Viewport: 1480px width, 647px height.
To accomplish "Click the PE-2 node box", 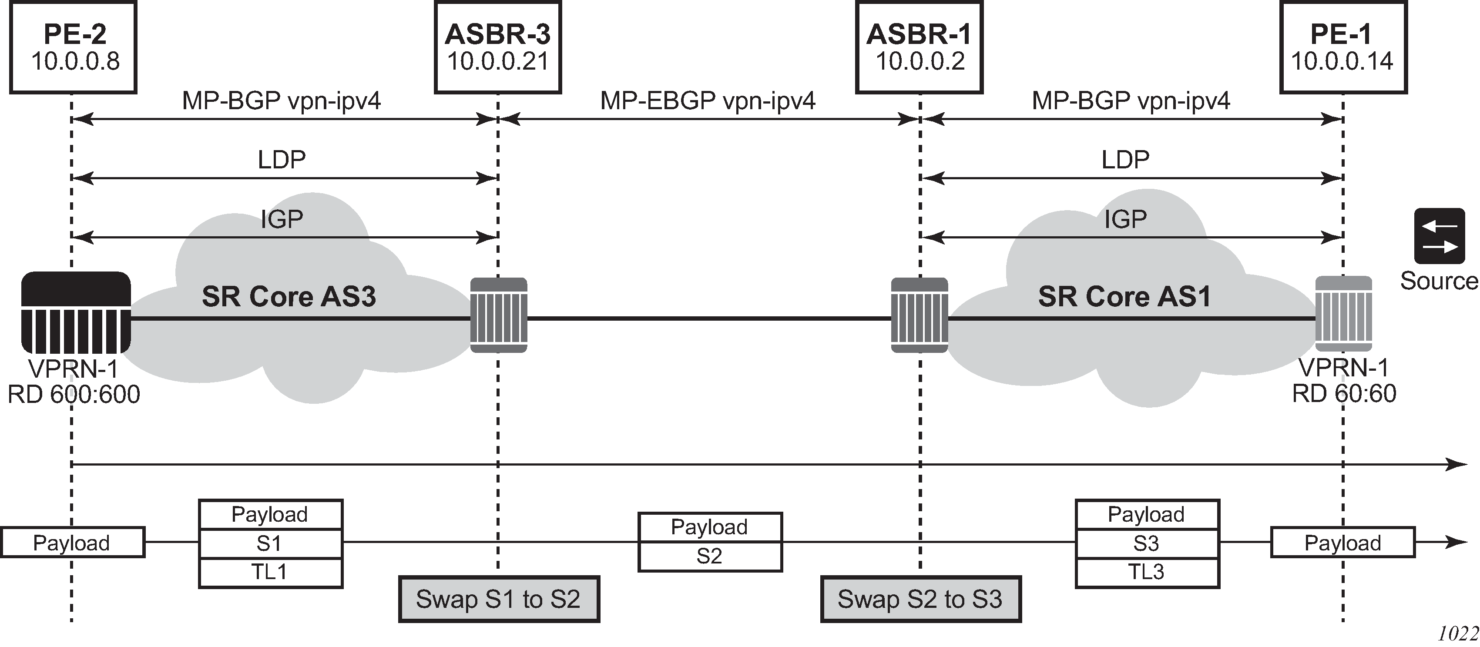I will (73, 47).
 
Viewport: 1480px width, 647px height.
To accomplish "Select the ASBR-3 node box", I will (497, 47).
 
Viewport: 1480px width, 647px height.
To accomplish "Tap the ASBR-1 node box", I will (919, 47).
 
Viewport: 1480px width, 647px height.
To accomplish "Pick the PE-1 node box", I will (1343, 47).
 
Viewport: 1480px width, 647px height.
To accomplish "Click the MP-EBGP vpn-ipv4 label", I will (708, 101).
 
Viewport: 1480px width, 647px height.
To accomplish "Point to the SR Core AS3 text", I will (289, 296).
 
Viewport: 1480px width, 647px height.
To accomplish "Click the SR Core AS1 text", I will (1124, 296).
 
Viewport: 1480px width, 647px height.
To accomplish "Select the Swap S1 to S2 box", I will (499, 599).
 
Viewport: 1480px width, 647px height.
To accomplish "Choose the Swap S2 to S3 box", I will (920, 599).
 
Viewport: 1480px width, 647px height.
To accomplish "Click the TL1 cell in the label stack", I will (271, 572).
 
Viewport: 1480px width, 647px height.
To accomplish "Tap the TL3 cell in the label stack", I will (1147, 572).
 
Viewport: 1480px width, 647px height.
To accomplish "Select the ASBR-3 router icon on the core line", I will (499, 315).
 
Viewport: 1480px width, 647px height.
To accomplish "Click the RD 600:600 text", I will (74, 395).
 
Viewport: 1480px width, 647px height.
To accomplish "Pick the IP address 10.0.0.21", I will (497, 61).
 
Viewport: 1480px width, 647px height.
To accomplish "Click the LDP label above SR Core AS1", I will (1125, 160).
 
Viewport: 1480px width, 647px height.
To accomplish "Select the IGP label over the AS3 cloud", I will (282, 219).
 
